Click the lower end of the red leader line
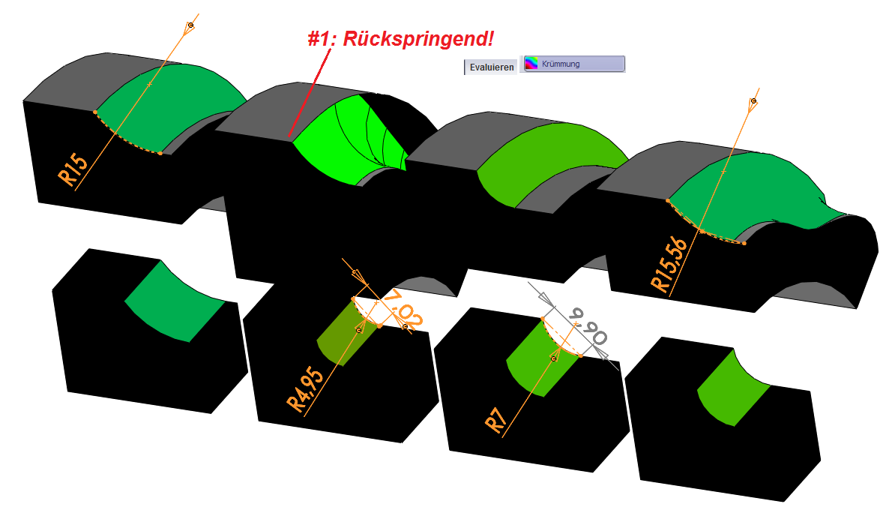click(x=289, y=136)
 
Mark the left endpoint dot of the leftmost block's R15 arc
click(x=95, y=112)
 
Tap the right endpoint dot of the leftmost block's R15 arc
click(x=160, y=153)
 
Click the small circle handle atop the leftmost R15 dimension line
click(x=191, y=25)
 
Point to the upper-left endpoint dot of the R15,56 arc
click(x=668, y=200)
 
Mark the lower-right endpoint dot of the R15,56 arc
click(x=744, y=243)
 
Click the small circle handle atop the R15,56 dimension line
click(x=754, y=100)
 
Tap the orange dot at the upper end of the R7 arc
click(x=543, y=319)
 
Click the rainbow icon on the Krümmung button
click(x=531, y=63)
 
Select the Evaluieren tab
click(x=492, y=67)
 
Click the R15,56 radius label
click(x=669, y=265)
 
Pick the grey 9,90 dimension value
click(x=588, y=326)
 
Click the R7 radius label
click(x=496, y=420)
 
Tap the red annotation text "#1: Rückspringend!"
click(x=401, y=39)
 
